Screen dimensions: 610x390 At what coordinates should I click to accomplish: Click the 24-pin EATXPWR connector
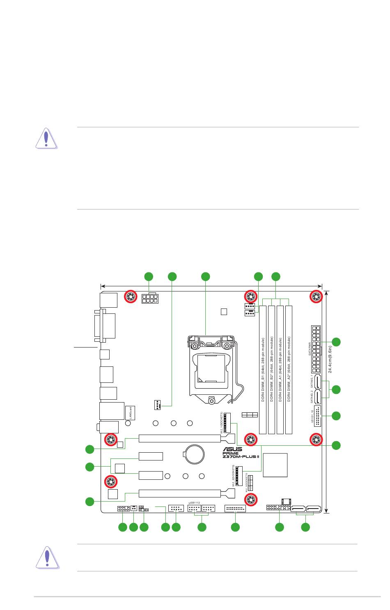pyautogui.click(x=316, y=348)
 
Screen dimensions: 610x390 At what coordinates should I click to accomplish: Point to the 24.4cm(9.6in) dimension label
pyautogui.click(x=330, y=359)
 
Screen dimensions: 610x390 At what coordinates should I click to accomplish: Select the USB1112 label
pyautogui.click(x=194, y=502)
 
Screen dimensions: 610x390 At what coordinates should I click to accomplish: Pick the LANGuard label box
pyautogui.click(x=130, y=413)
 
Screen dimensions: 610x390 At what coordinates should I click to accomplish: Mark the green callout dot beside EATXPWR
pyautogui.click(x=336, y=342)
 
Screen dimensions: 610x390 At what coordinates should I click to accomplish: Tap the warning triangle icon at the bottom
pyautogui.click(x=47, y=558)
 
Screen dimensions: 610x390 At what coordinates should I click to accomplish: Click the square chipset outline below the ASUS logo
pyautogui.click(x=275, y=465)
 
